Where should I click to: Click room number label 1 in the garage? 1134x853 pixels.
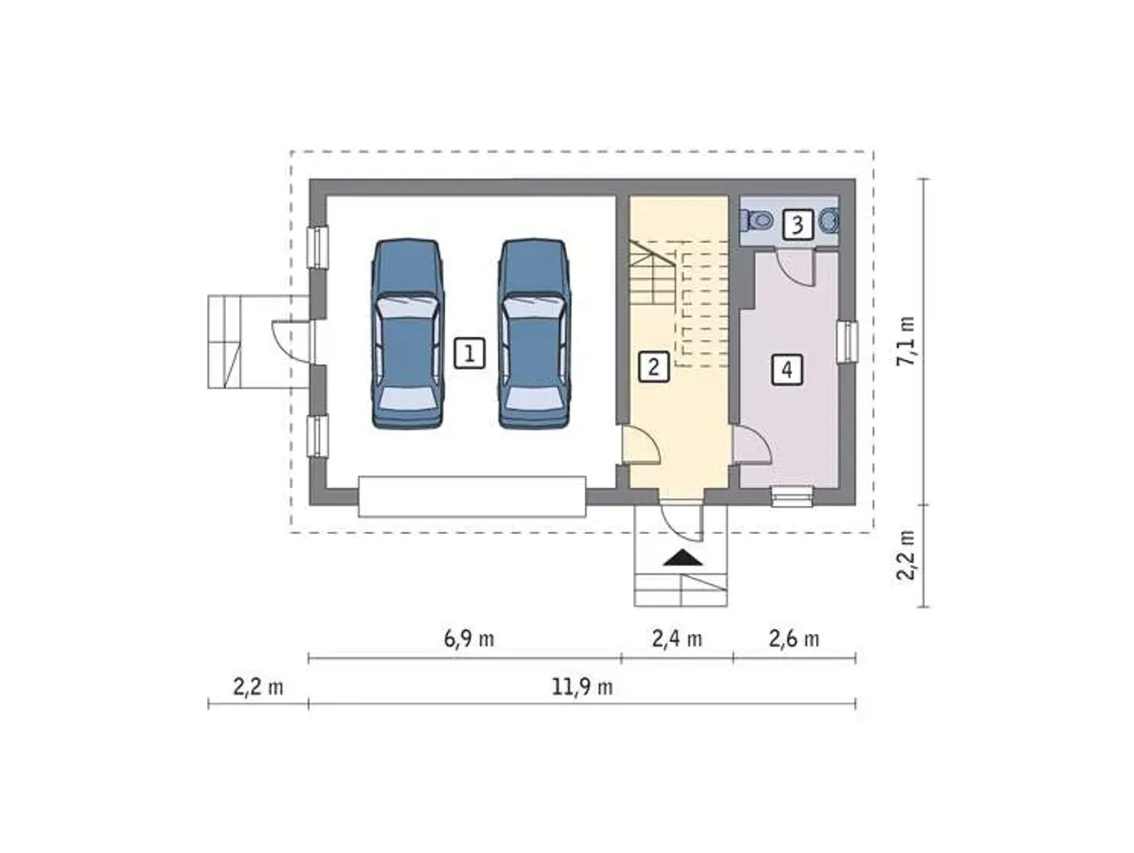click(469, 353)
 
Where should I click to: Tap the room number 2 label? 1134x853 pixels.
click(654, 367)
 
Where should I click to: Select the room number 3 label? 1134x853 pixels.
click(797, 225)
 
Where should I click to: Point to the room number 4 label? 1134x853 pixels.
click(787, 370)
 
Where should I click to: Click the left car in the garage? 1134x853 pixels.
click(408, 333)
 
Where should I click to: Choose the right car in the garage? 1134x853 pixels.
click(535, 333)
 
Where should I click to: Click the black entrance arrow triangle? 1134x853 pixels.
click(683, 558)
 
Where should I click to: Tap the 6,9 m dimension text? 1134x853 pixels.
click(469, 639)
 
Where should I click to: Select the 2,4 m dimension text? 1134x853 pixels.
click(677, 639)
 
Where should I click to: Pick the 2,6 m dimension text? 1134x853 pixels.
click(794, 639)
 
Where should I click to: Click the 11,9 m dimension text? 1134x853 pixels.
click(582, 687)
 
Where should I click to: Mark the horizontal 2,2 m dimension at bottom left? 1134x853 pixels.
click(258, 687)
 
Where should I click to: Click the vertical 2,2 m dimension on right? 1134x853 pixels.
click(905, 555)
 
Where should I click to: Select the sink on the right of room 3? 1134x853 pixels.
click(828, 221)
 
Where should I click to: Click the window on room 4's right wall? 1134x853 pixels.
click(848, 341)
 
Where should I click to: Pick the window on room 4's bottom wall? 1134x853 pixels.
click(792, 497)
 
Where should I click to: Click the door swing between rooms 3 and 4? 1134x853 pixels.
click(796, 268)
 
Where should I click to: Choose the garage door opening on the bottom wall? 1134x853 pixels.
click(472, 497)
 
